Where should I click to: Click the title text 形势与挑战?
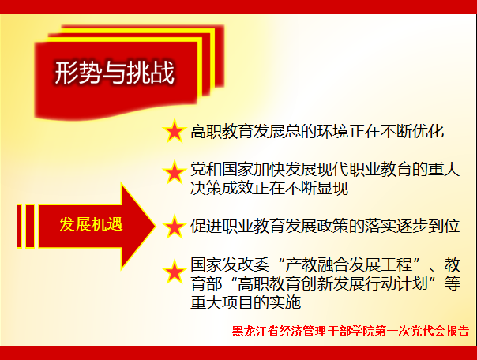coord(115,73)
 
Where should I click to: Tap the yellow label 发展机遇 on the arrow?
coord(91,225)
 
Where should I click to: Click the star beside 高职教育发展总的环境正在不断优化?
coord(174,131)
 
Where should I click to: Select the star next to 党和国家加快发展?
coord(174,172)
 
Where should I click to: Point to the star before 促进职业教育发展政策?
coord(174,227)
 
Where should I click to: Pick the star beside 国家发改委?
coord(174,272)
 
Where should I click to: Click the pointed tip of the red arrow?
coord(156,226)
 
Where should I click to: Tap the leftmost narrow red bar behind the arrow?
coord(19,226)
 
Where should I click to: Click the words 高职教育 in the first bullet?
coord(222,132)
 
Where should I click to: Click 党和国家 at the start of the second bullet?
coord(222,169)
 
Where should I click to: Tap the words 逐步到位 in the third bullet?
coord(428,226)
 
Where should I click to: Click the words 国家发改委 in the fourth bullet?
coord(230,264)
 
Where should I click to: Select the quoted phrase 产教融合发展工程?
coord(348,264)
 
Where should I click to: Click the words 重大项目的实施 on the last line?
coord(246,302)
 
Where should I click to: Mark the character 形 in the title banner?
coord(66,73)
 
